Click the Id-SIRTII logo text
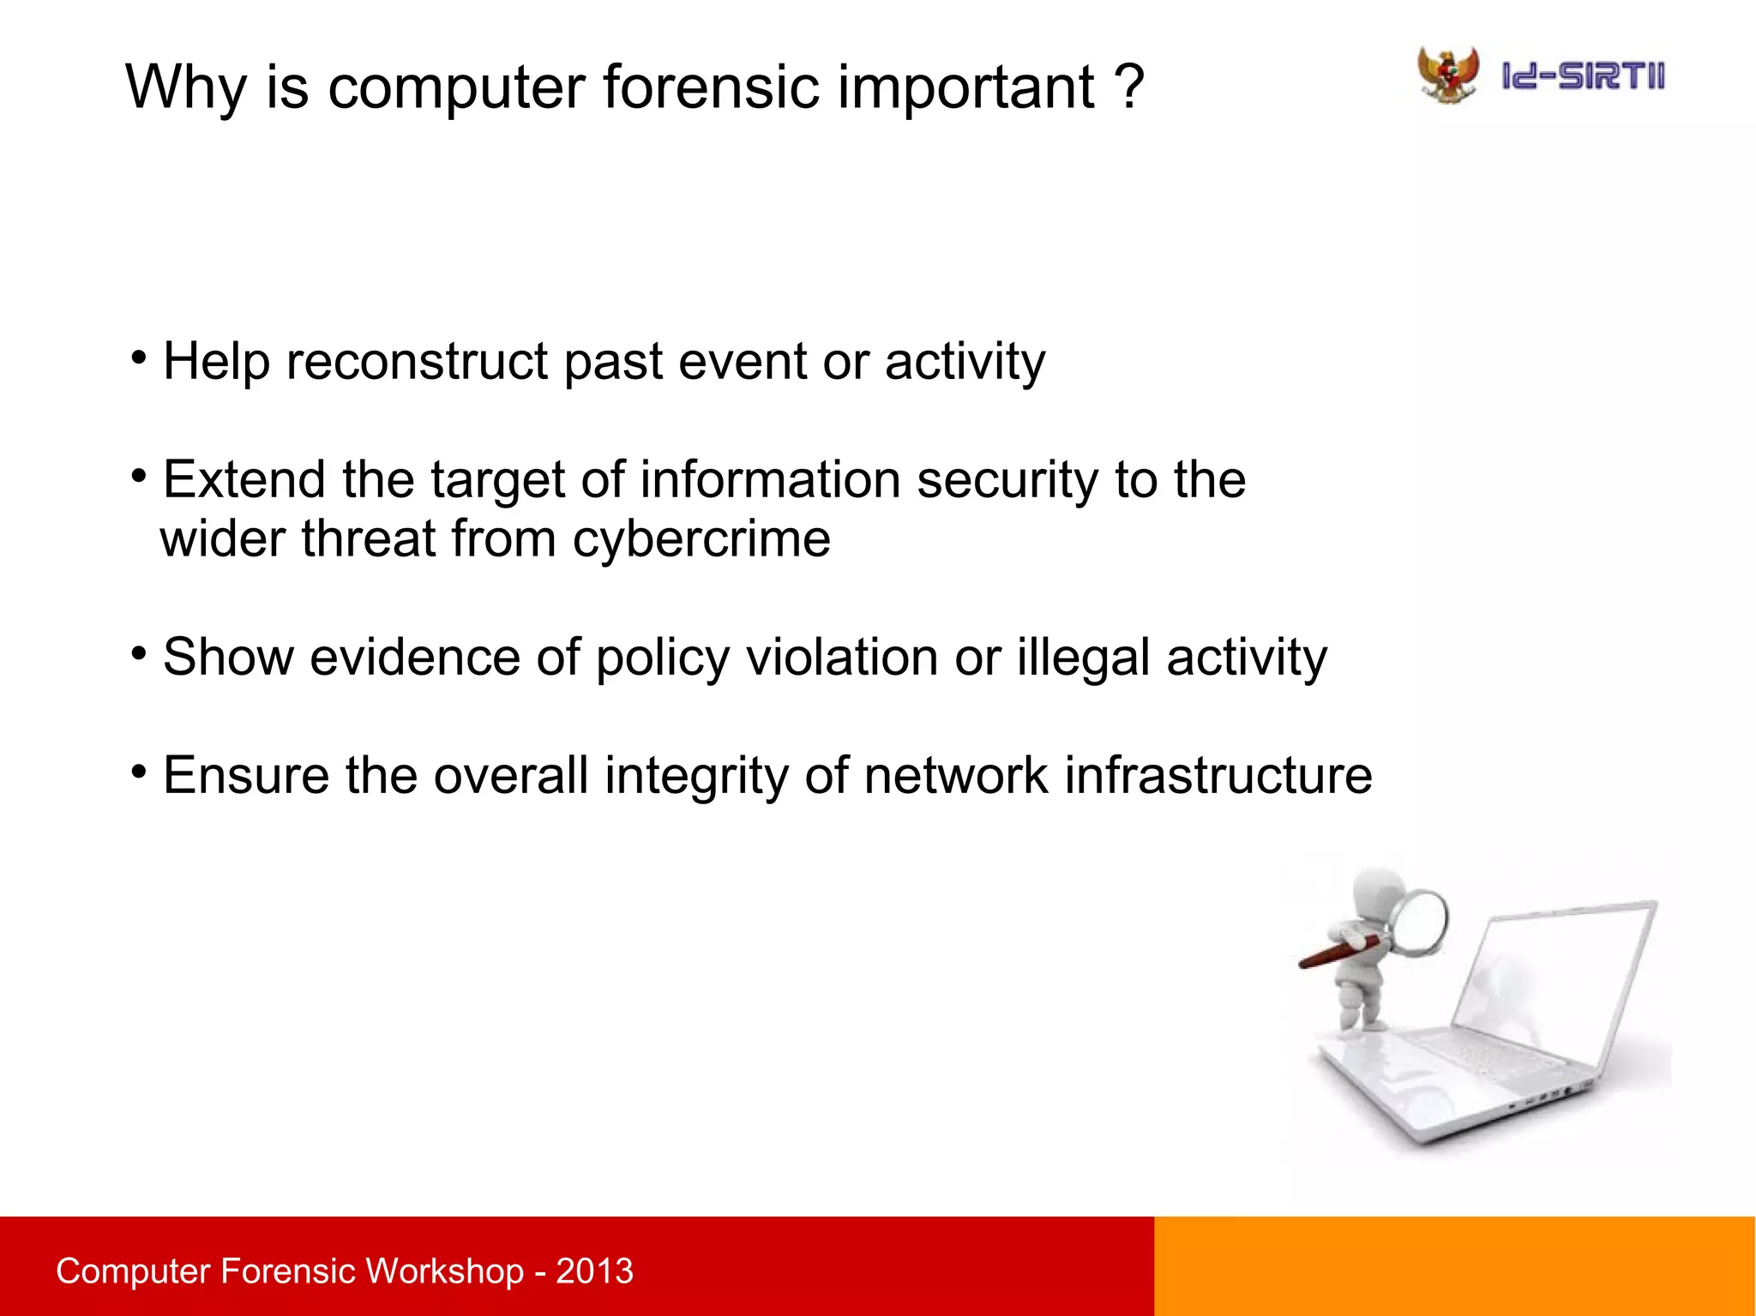[x=1583, y=76]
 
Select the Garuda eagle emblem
[x=1448, y=75]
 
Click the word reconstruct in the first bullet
[x=417, y=361]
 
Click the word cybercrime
[x=701, y=538]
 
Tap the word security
[x=1007, y=479]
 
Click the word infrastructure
[x=1218, y=775]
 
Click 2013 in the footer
[x=594, y=1271]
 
